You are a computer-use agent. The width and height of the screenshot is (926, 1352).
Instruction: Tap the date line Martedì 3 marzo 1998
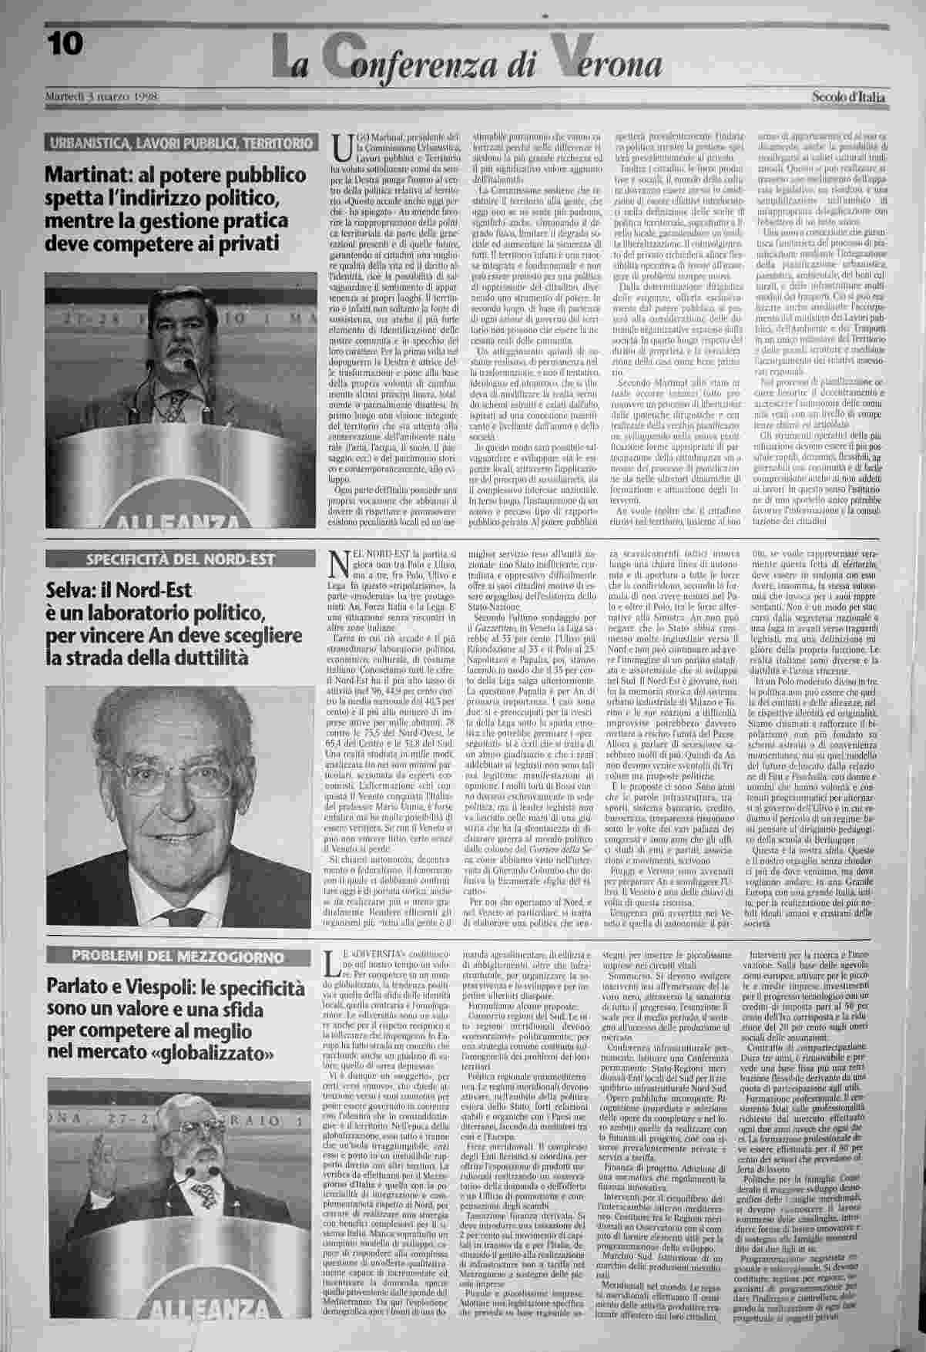tap(101, 97)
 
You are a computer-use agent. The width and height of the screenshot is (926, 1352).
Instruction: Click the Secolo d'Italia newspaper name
tap(848, 97)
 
